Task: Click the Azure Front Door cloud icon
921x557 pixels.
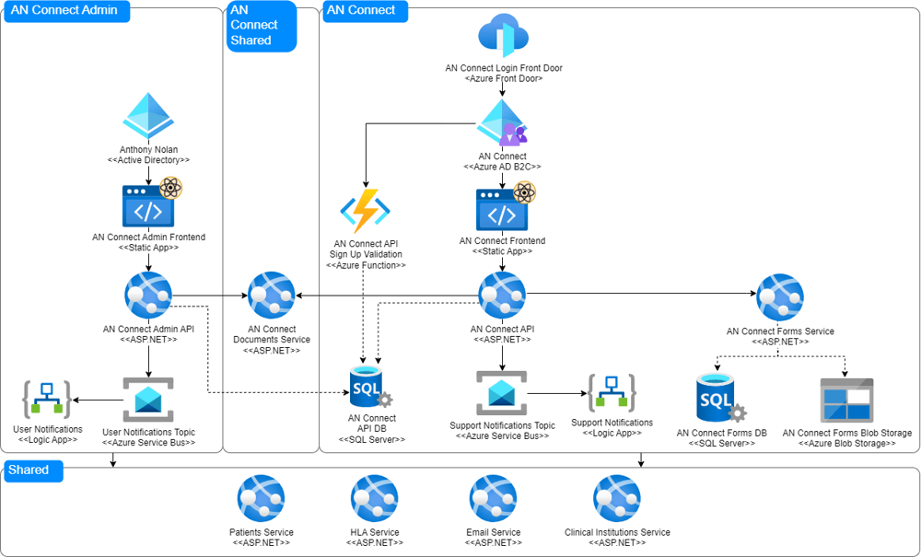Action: (x=503, y=37)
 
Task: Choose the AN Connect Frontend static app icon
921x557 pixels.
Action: (x=503, y=209)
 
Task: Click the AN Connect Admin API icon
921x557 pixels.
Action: (x=148, y=296)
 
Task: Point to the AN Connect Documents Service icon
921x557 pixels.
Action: (x=271, y=296)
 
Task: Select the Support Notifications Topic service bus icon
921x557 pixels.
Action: (x=502, y=394)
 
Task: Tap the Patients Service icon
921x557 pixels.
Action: (x=262, y=499)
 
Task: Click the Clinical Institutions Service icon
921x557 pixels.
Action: (x=617, y=499)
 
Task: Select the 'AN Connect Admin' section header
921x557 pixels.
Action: (x=64, y=11)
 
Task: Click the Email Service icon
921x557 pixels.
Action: (x=493, y=499)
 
